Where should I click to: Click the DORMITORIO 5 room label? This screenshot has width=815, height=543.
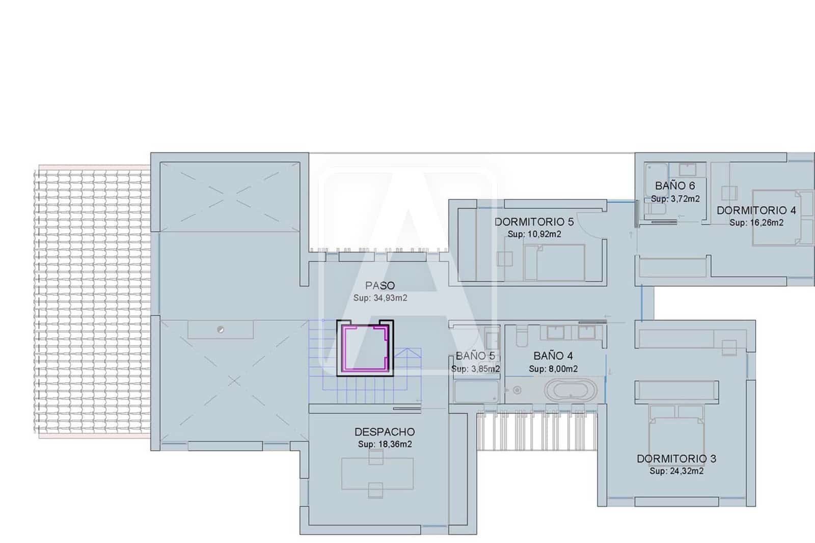[534, 222]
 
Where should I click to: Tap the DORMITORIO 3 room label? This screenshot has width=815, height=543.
[676, 458]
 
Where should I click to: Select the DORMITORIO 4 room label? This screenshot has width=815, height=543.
[756, 210]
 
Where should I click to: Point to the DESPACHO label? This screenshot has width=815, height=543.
[385, 432]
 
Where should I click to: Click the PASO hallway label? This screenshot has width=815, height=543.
[380, 285]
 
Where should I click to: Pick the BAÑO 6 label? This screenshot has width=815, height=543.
[675, 185]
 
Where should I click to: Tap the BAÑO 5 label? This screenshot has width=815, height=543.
[475, 356]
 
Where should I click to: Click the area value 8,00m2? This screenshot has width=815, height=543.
[563, 369]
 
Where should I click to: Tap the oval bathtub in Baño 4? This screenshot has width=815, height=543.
[570, 390]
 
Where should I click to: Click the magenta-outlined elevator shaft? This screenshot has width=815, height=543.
[365, 348]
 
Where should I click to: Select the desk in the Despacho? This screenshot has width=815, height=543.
[377, 474]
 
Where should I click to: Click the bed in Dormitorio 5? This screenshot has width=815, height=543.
[555, 262]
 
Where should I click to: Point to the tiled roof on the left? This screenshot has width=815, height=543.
[92, 302]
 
